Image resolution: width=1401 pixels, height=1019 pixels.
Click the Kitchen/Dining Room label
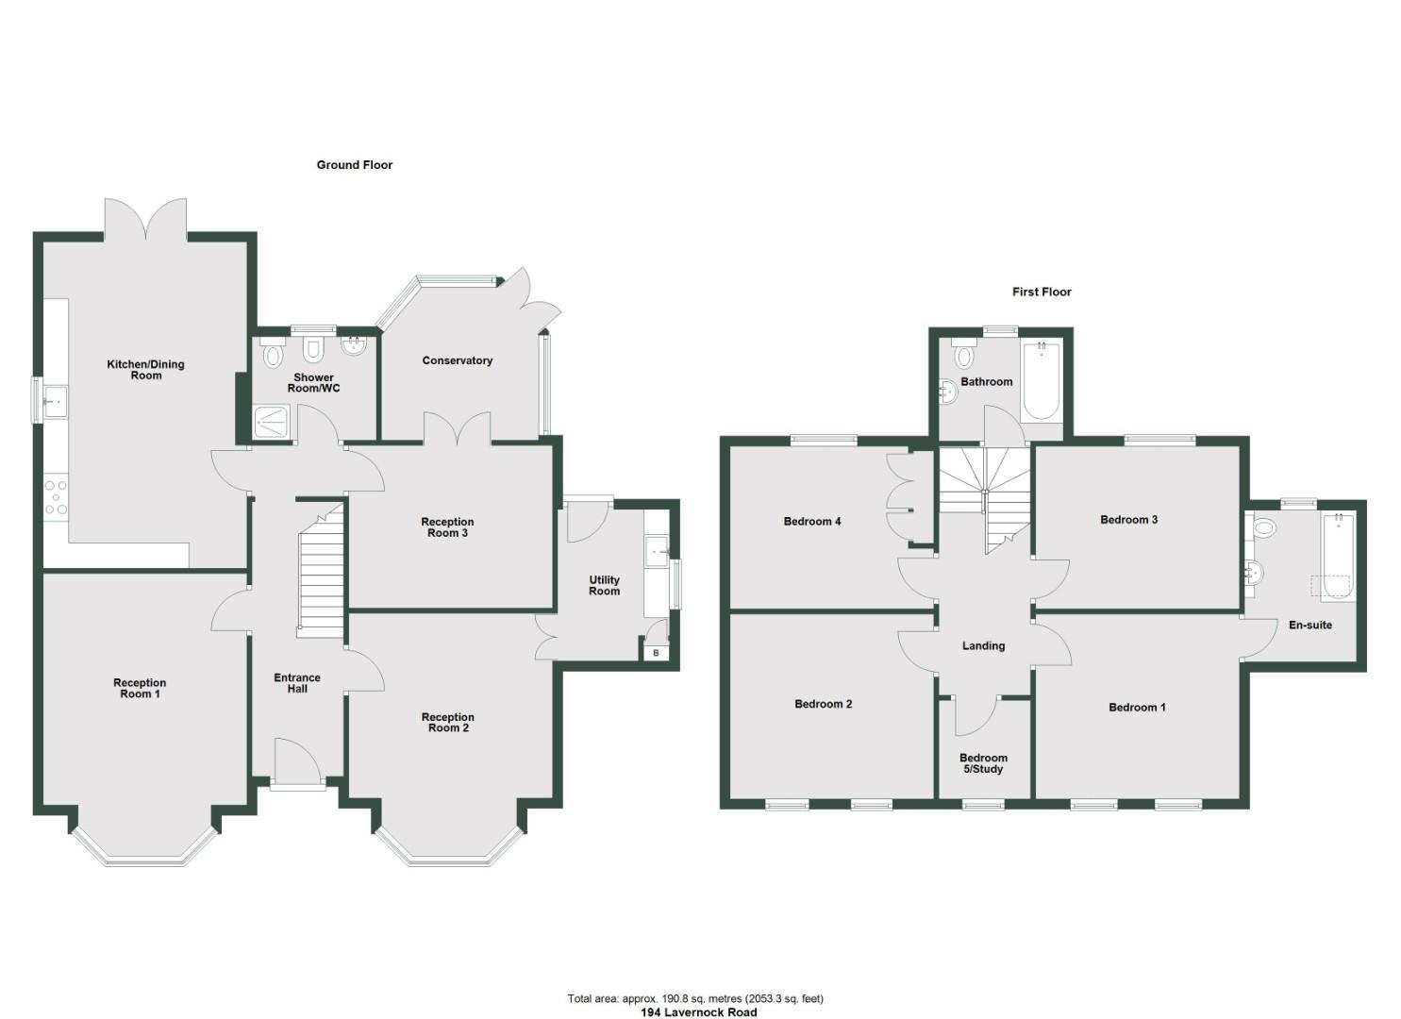click(x=145, y=370)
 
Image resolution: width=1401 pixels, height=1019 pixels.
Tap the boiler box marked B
click(x=656, y=653)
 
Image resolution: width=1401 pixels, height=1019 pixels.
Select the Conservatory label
click(x=458, y=360)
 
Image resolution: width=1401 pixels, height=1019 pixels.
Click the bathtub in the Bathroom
click(x=1041, y=380)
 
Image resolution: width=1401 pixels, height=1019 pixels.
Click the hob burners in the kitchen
click(x=56, y=497)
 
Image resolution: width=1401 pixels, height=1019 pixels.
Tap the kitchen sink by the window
click(x=54, y=402)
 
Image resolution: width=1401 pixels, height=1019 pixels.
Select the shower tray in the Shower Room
click(x=275, y=424)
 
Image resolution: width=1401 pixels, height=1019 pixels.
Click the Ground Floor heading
click(x=354, y=165)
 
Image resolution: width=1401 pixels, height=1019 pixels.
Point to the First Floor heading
click(x=1042, y=292)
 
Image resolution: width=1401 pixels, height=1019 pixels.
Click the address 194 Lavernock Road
click(x=698, y=1012)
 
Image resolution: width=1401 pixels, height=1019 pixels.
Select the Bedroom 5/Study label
click(x=983, y=763)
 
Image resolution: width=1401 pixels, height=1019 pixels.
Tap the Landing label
click(x=983, y=646)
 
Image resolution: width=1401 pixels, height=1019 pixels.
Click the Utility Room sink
click(x=657, y=550)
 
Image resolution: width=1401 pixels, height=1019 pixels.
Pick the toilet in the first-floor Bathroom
click(x=964, y=357)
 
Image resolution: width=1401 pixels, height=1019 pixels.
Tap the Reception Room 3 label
click(x=447, y=527)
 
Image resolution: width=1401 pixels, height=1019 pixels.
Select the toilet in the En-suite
click(x=1264, y=526)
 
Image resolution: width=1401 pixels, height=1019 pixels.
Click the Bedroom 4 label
click(x=811, y=522)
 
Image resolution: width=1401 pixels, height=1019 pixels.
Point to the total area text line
click(x=695, y=998)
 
